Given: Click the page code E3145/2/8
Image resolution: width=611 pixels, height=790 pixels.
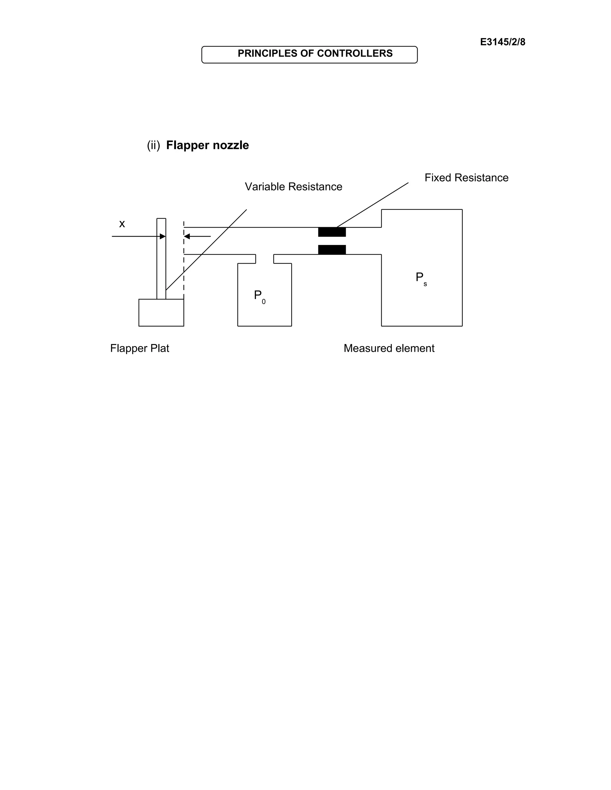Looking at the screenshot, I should click(502, 42).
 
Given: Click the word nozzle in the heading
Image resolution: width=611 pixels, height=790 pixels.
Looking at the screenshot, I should click(231, 145).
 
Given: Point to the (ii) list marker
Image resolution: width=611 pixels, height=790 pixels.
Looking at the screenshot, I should click(153, 145).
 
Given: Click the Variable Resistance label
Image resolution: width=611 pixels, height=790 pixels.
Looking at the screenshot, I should click(293, 187).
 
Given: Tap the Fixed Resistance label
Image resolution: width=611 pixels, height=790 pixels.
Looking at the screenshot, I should click(466, 178).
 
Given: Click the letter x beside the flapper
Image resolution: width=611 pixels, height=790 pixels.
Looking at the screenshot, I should click(122, 224).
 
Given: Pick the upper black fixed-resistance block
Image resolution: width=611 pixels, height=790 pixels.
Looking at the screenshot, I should click(331, 232).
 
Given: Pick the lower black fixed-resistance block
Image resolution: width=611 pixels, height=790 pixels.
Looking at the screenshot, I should click(331, 250).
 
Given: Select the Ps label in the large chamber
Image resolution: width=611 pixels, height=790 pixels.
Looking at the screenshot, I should click(421, 278).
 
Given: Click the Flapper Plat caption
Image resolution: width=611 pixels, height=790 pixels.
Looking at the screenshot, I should click(139, 348).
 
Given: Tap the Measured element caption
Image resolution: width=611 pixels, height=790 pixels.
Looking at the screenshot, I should click(389, 348).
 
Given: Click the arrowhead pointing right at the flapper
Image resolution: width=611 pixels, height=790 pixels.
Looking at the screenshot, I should click(163, 236).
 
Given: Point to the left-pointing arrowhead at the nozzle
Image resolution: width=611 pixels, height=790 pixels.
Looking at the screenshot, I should click(187, 236).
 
